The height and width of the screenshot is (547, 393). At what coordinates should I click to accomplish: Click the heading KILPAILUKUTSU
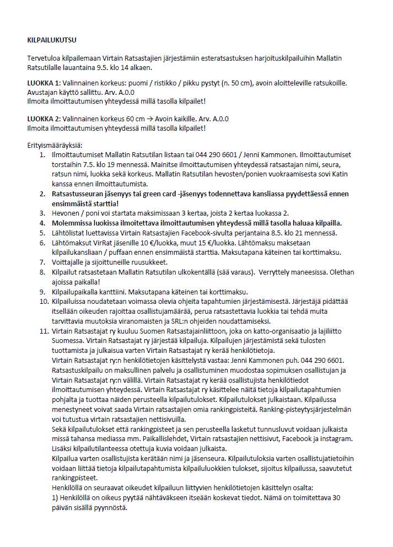click(52, 40)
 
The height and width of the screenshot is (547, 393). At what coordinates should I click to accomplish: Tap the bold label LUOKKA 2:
click(44, 119)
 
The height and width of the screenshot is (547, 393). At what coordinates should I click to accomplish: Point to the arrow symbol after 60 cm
click(151, 119)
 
